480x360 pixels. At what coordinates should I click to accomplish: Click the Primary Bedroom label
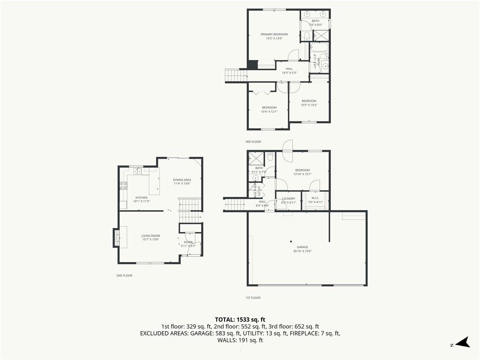(x=274, y=34)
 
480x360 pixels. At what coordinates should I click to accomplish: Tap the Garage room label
(x=302, y=247)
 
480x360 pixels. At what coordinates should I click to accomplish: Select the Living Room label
(x=151, y=236)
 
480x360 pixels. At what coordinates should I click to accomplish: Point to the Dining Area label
(x=182, y=180)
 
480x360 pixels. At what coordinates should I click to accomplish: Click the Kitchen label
(x=141, y=198)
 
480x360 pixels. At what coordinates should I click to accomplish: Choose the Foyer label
(x=188, y=242)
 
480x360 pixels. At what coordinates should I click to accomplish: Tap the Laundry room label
(x=288, y=199)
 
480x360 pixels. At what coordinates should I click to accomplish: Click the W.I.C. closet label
(x=315, y=199)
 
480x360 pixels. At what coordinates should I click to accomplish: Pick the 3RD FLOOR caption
(x=253, y=142)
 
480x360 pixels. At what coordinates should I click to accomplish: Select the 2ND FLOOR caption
(x=124, y=276)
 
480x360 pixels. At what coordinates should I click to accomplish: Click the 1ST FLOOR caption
(x=253, y=298)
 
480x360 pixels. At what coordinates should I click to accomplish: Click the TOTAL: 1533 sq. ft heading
(x=240, y=320)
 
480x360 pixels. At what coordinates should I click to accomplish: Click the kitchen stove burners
(x=123, y=185)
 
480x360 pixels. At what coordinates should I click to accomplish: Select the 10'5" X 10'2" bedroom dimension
(x=309, y=105)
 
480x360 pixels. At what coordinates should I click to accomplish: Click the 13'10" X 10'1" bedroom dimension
(x=302, y=174)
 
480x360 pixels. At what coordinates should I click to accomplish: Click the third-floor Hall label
(x=289, y=69)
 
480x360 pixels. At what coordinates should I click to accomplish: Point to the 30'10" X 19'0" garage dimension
(x=302, y=251)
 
